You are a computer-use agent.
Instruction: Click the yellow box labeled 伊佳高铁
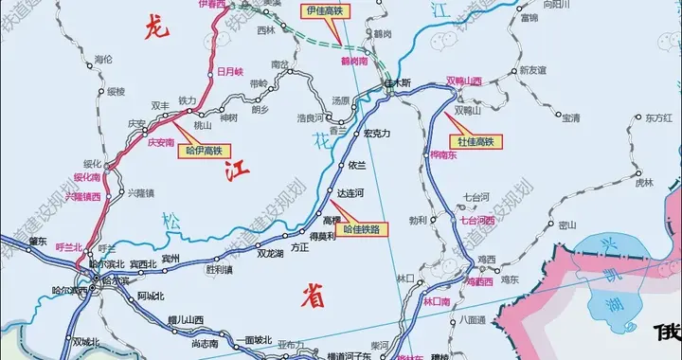point(324,10)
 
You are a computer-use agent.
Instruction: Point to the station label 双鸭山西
point(464,81)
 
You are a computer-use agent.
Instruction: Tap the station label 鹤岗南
point(354,61)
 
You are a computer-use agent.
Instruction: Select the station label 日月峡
point(230,71)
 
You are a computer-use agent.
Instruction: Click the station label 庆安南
point(162,141)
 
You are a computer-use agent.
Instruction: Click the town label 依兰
point(357,164)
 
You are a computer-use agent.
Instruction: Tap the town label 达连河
point(350,192)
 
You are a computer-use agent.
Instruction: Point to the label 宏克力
point(377,134)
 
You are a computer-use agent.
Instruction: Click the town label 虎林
point(644,181)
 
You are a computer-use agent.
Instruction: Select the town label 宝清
point(570,117)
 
